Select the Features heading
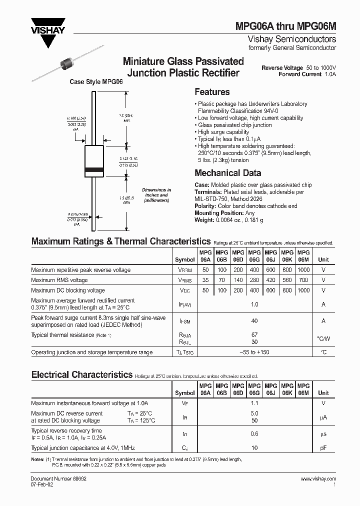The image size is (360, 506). point(211,92)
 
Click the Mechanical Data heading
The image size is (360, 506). point(227,173)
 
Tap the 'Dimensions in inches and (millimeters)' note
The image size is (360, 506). point(156,195)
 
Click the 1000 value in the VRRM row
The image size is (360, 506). point(303,270)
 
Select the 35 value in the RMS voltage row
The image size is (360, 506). point(205,280)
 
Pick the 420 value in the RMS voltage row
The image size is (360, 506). point(270,280)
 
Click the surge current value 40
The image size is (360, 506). point(254,321)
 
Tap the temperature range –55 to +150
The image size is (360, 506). point(254,352)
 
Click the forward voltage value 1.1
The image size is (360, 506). point(254,403)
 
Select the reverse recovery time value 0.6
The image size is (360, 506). point(254,434)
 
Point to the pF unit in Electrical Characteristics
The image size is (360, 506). point(323,448)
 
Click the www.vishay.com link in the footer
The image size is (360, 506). point(318,478)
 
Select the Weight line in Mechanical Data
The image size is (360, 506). point(228,220)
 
